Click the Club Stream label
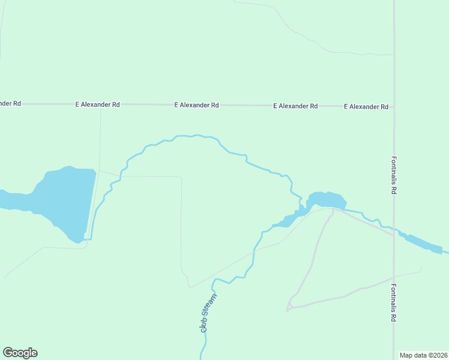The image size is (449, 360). point(208,313)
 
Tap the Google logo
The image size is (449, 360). point(20,353)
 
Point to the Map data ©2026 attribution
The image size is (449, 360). point(424,355)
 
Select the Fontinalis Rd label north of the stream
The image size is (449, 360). point(394,175)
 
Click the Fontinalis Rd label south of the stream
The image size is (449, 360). point(394,304)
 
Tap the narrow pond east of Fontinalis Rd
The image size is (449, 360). point(423,242)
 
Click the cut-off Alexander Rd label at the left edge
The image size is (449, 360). point(10,103)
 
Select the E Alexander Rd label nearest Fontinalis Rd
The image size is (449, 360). point(366,106)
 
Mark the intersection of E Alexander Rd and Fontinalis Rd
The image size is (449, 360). point(394,106)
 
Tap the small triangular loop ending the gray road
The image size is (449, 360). point(289,307)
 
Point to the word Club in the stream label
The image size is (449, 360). point(204,324)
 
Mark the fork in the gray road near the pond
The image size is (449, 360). point(333,209)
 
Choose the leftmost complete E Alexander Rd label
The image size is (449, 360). point(98,104)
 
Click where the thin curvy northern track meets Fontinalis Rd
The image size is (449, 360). point(393,54)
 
